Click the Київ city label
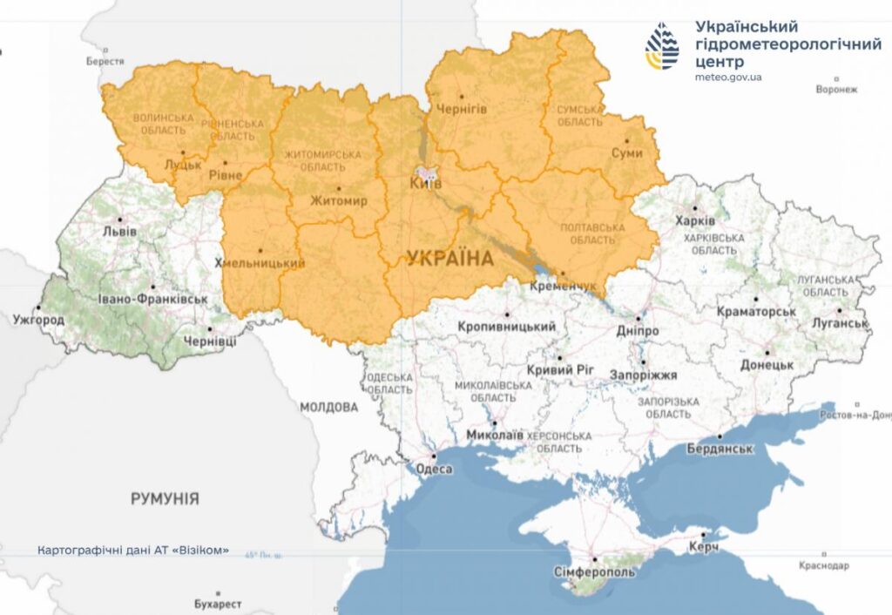point(426,184)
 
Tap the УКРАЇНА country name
point(449,258)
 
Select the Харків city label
point(694,221)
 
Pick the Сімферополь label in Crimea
point(595,572)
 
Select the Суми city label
point(626,152)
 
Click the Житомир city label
point(339,200)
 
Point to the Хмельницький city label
point(260,263)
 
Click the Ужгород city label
point(38,320)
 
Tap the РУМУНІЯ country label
point(165,499)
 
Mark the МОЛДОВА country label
point(328,407)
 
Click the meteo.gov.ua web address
point(728,77)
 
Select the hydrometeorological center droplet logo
point(662,46)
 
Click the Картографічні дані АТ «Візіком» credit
point(133,551)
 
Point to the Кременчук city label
point(562,286)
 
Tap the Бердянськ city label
point(720,448)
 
